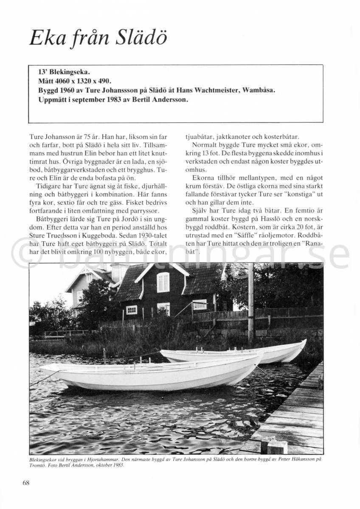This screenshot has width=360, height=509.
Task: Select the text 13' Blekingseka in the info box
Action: [x=64, y=72]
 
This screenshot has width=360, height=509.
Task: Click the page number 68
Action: [x=26, y=482]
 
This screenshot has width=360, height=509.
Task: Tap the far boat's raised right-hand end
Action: [x=302, y=342]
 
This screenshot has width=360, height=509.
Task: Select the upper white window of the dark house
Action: [x=163, y=282]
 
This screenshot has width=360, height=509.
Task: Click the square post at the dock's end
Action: [x=277, y=446]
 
